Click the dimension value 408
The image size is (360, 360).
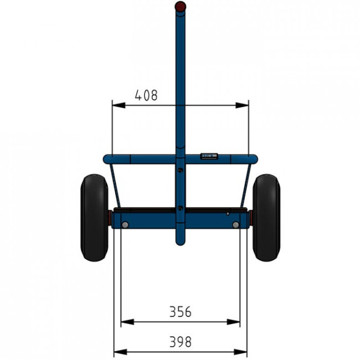(x=146, y=95)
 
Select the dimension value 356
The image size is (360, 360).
(x=180, y=312)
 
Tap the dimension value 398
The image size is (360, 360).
(x=180, y=342)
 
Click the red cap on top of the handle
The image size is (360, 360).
(x=180, y=6)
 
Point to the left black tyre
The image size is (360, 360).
(x=94, y=218)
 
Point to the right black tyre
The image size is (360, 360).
(x=266, y=218)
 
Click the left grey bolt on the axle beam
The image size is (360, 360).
(x=125, y=225)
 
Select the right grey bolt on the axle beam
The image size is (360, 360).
(x=235, y=225)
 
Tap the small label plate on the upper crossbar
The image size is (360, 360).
(x=209, y=156)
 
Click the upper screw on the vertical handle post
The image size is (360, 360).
(x=181, y=170)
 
